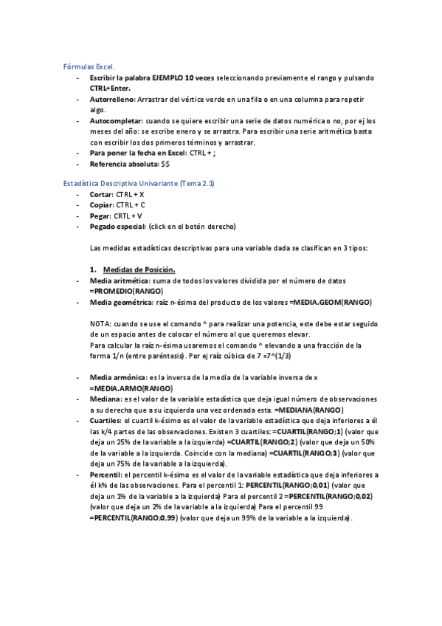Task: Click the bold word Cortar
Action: coord(101,193)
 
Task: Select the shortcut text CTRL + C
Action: coord(131,204)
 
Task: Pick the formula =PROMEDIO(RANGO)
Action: coord(126,292)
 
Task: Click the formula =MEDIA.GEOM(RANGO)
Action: coord(331,303)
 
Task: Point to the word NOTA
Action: coord(99,324)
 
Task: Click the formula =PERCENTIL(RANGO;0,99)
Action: coord(134,518)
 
